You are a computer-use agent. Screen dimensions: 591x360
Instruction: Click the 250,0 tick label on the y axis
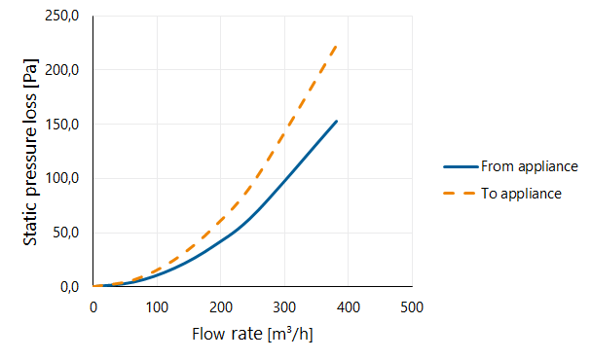61,16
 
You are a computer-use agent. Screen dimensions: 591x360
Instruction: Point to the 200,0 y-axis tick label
61,70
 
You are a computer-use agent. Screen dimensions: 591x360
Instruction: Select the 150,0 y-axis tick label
61,124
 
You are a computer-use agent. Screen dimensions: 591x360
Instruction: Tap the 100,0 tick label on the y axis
61,178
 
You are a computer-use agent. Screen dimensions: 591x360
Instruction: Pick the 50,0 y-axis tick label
65,233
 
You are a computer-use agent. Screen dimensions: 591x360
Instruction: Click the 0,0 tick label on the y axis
69,287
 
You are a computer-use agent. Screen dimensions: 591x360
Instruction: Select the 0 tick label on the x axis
93,307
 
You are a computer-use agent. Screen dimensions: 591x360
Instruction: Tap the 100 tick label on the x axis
157,307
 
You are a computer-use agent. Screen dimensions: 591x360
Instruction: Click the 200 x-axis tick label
221,307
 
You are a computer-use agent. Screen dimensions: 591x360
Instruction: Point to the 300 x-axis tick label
284,307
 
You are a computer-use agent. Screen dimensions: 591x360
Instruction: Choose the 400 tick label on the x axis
349,307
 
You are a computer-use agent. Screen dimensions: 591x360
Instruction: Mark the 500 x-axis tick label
412,307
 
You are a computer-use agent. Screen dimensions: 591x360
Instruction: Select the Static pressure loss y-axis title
30,152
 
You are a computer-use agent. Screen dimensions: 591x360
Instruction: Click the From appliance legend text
530,166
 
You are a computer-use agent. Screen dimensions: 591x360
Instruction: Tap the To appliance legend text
521,194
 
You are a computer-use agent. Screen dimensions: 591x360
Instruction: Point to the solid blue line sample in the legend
461,166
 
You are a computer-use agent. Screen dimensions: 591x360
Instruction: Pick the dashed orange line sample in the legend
460,194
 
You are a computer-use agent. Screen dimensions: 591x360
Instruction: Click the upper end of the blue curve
336,122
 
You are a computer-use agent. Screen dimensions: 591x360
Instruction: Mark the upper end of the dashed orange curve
336,46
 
